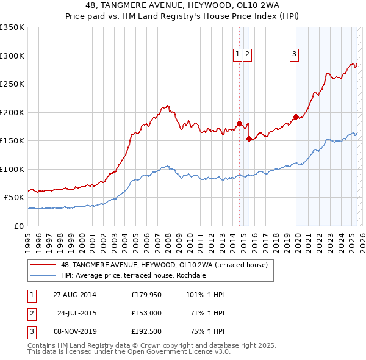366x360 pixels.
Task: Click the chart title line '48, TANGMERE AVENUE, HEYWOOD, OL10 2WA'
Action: pyautogui.click(x=182, y=6)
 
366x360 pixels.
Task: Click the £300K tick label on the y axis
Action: pyautogui.click(x=12, y=56)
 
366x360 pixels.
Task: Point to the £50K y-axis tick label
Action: pyautogui.click(x=14, y=198)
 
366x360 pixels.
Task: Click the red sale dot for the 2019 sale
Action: pyautogui.click(x=296, y=117)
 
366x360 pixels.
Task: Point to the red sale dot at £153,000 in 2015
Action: pyautogui.click(x=249, y=139)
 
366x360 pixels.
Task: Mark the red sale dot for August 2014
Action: pyautogui.click(x=239, y=123)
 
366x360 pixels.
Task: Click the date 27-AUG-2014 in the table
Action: pyautogui.click(x=74, y=295)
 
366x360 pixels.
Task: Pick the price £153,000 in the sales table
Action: pyautogui.click(x=146, y=313)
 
